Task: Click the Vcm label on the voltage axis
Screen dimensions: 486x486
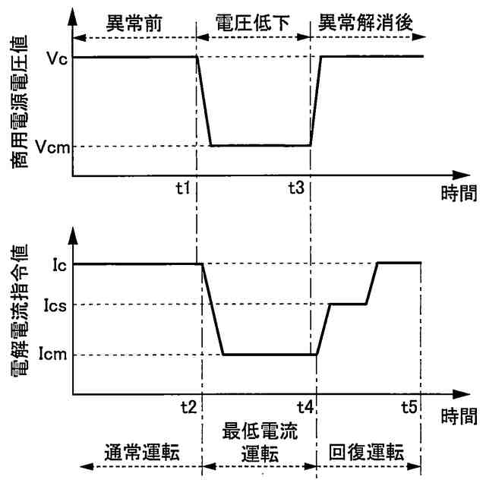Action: click(51, 147)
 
